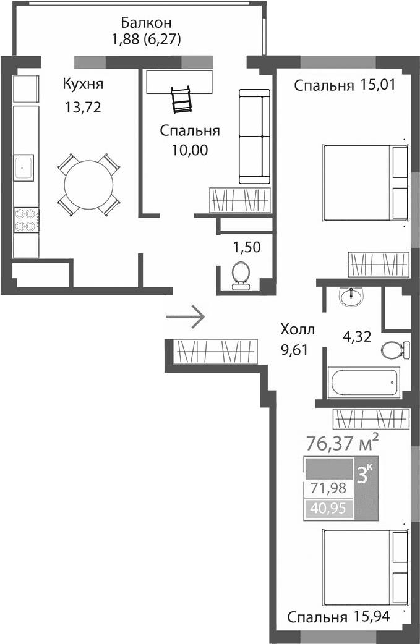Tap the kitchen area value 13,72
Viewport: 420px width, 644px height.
(82, 108)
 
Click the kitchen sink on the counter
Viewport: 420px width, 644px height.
(25, 165)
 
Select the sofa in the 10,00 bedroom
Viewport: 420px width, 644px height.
(254, 137)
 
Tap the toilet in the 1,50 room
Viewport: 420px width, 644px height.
(239, 274)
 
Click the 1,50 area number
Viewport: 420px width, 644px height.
(246, 248)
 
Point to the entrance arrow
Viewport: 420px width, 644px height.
(185, 316)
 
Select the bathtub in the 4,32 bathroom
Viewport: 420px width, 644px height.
(364, 383)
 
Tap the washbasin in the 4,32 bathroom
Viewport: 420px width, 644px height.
(353, 297)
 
